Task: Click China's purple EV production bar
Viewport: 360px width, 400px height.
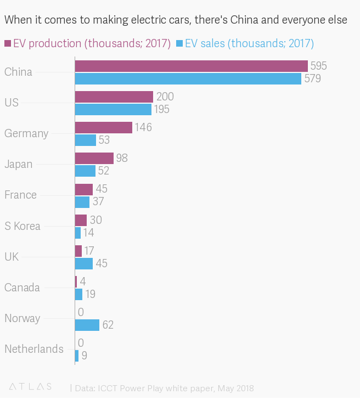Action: pos(191,66)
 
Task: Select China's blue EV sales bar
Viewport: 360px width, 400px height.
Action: pos(188,78)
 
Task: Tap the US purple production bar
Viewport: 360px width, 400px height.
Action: pos(114,97)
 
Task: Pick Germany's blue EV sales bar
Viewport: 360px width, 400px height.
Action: pos(85,140)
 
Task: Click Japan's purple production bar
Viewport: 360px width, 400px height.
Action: pos(94,158)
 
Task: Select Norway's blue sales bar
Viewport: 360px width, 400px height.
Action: pos(87,325)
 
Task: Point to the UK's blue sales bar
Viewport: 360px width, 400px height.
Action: pos(83,263)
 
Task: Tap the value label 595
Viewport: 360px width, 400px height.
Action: pos(318,66)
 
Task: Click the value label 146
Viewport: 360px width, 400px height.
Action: pos(143,127)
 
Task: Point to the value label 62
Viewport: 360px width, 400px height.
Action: pos(108,325)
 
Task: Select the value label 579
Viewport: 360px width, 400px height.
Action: pos(312,78)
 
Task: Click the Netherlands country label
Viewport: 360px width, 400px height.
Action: pos(33,349)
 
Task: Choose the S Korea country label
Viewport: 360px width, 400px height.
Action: pos(22,226)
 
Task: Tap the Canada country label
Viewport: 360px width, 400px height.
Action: pos(22,288)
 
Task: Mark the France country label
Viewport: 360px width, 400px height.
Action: pos(20,195)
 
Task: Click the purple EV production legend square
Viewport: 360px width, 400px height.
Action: pos(8,43)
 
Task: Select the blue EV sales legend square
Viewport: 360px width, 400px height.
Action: pos(179,43)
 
